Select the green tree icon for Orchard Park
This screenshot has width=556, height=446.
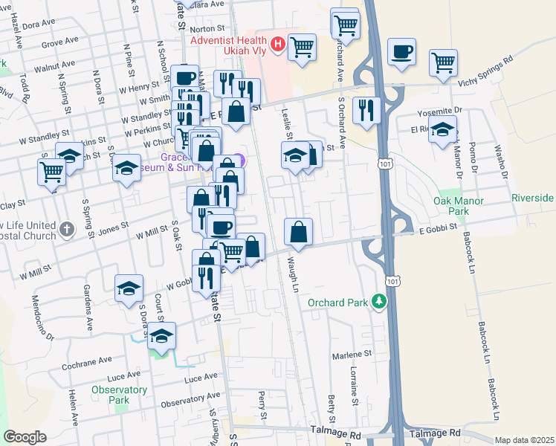[380, 301]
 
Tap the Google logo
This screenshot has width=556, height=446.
[25, 437]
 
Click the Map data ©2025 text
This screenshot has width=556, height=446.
[524, 440]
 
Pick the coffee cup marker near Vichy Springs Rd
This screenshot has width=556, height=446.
[401, 52]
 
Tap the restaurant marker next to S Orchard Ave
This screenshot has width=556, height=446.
[366, 109]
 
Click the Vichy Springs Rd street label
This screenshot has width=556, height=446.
[487, 72]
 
